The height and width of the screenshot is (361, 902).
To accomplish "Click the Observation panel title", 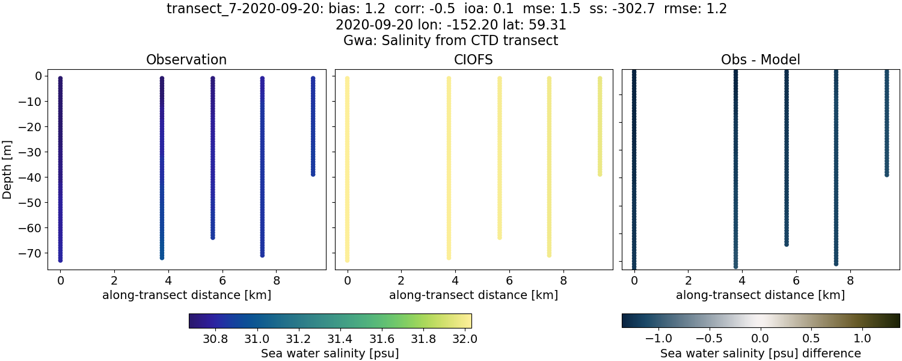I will (x=186, y=60).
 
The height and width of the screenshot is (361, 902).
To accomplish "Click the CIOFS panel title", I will (x=473, y=60).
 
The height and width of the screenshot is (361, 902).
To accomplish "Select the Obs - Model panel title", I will (x=760, y=60).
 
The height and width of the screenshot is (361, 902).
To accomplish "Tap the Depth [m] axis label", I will (x=8, y=170).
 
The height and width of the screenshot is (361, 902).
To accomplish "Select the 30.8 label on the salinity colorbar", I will (x=215, y=339).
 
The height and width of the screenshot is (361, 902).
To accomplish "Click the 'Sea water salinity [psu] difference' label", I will (x=760, y=353).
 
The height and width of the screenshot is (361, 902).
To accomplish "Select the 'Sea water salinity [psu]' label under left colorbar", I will (x=330, y=353).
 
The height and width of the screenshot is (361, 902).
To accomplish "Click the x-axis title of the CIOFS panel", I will (x=473, y=295).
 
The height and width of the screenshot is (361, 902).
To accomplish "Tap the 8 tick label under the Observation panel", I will (x=277, y=280).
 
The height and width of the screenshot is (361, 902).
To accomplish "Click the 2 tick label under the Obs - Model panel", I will (x=688, y=280).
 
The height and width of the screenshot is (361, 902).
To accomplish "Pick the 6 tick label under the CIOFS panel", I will (x=509, y=280).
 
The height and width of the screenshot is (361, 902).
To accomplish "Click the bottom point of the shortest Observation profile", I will (x=313, y=174).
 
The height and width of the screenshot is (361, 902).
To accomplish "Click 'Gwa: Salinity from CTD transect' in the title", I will (x=450, y=41).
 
